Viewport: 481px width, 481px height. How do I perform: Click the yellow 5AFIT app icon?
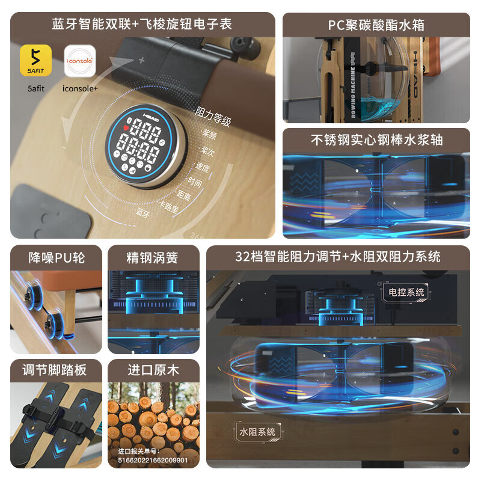tap(35, 61)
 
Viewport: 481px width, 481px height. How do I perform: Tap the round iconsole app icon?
tap(80, 61)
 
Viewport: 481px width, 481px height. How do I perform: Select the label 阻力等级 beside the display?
tap(213, 117)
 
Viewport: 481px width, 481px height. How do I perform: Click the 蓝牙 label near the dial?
tap(143, 212)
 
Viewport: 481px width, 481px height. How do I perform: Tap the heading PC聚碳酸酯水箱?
tap(376, 25)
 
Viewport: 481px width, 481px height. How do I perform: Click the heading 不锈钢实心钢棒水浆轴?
tap(376, 139)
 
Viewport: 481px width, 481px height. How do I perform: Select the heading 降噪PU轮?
tap(57, 257)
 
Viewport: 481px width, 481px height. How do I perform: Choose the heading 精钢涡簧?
tap(153, 257)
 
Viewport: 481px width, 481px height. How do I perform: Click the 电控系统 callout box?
tap(406, 292)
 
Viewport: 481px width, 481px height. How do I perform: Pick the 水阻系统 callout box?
tap(257, 431)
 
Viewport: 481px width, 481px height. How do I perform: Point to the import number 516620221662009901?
tap(153, 460)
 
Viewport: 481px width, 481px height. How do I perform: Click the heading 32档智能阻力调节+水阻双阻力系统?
tap(338, 257)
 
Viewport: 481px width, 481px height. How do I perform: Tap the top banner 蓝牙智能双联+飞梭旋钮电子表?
tap(142, 25)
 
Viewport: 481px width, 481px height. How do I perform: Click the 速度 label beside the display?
tap(203, 168)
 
